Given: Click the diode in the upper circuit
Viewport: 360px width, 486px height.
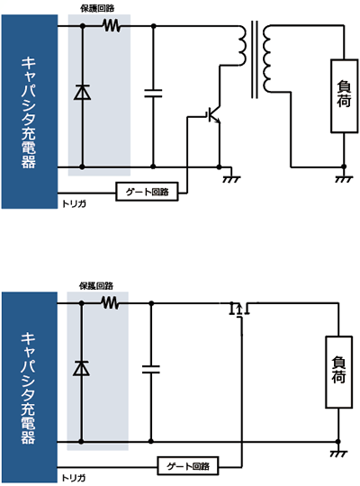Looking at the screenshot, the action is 82,93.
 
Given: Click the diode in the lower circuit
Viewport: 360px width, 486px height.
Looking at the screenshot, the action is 81,368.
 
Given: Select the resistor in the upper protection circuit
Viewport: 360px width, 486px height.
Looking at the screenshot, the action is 112,26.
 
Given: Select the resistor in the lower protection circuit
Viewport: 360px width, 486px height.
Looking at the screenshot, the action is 110,302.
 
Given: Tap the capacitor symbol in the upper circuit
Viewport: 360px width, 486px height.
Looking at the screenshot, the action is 153,94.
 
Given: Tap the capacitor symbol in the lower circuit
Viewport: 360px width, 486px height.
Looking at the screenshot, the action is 151,369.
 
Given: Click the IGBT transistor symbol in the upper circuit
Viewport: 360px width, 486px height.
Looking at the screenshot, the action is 214,114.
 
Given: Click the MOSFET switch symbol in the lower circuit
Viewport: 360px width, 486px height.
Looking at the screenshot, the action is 239,310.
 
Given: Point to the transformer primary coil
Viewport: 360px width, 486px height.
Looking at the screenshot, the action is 242,46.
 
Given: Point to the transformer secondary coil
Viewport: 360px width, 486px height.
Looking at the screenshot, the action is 266,58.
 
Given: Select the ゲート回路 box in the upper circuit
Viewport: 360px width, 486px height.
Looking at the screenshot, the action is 147,192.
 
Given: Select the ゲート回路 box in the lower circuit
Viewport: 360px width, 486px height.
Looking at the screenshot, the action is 188,466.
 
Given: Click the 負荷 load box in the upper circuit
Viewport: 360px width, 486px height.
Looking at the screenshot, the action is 344,96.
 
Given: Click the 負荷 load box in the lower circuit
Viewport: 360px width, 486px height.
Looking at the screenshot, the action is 338,372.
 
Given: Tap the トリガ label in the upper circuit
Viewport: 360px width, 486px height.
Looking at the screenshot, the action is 74,204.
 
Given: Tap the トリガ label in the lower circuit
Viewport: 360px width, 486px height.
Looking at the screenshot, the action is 74,478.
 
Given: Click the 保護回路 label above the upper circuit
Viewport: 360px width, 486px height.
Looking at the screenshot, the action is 97,9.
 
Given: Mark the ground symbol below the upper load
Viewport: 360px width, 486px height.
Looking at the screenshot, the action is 344,179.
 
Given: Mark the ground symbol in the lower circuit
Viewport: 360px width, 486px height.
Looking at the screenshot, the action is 338,453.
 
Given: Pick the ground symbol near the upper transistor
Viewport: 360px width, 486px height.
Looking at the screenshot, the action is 231,179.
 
